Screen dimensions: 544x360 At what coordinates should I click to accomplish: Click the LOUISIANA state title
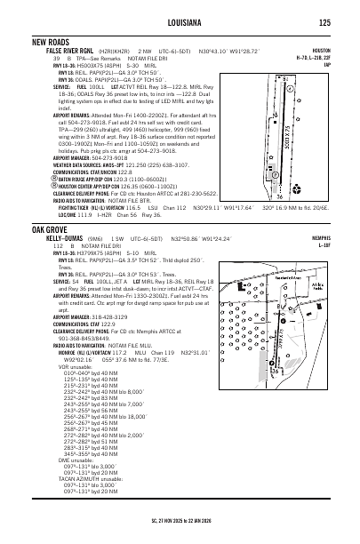click(x=180, y=22)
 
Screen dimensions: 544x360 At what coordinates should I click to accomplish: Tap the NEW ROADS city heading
click(x=52, y=42)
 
